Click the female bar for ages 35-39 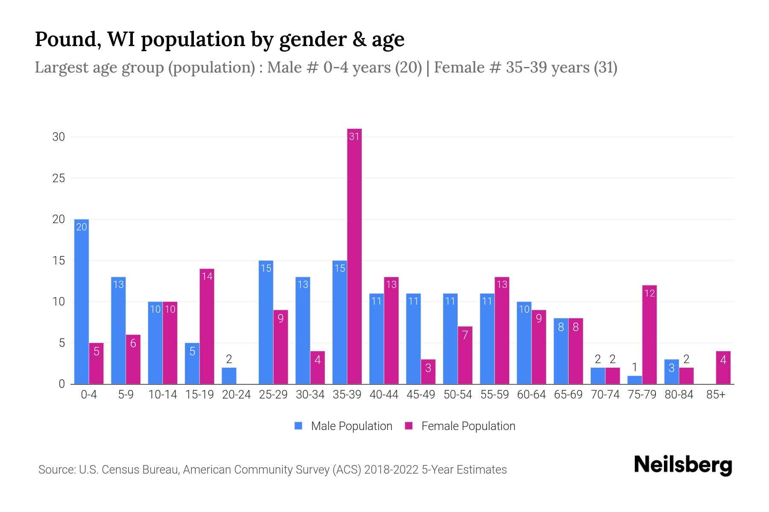(354, 256)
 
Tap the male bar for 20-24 (229, 376)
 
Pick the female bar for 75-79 (649, 335)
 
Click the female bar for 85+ (723, 368)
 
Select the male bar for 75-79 (634, 380)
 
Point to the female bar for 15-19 (207, 326)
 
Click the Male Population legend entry (343, 426)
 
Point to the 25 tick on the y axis (59, 178)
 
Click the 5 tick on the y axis (62, 343)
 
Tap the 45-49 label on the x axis (420, 395)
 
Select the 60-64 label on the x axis (531, 395)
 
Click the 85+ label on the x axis (716, 395)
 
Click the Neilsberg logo (683, 465)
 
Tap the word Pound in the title (68, 39)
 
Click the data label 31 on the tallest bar (354, 137)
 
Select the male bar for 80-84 (671, 372)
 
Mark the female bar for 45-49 (428, 372)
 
